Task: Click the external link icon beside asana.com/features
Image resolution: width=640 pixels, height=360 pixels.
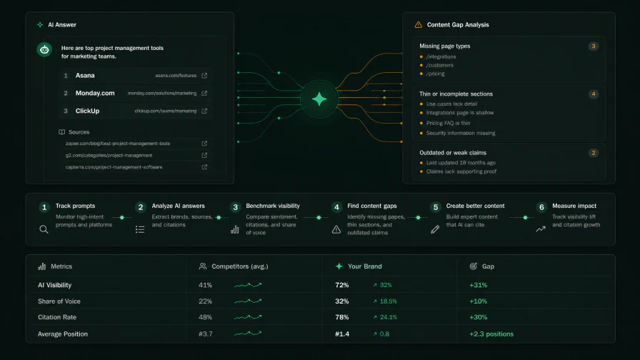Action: click(x=204, y=76)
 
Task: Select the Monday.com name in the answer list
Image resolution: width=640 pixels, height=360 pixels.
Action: click(x=95, y=93)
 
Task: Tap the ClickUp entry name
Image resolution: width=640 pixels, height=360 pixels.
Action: click(x=87, y=111)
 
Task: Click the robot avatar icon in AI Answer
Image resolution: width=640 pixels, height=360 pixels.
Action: click(x=44, y=50)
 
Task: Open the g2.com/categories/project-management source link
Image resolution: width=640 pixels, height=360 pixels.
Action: click(x=109, y=156)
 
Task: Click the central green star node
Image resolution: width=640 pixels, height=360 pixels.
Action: click(x=319, y=99)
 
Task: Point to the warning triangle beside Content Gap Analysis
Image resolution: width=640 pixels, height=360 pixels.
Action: click(x=419, y=25)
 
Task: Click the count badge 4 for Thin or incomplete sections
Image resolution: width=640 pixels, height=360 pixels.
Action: click(x=594, y=94)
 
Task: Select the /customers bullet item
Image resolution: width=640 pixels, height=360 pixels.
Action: click(x=439, y=65)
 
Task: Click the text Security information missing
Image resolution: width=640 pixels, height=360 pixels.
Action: click(x=461, y=133)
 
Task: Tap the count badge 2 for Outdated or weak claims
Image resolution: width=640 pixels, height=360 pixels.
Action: click(x=594, y=153)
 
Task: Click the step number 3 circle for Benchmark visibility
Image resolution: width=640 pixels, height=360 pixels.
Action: click(x=235, y=207)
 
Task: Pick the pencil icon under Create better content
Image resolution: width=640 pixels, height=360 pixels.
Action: click(x=435, y=229)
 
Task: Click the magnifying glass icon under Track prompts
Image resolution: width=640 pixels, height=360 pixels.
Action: click(x=44, y=229)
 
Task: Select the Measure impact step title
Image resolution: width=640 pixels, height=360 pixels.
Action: click(x=574, y=206)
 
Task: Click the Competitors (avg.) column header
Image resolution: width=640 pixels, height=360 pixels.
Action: click(x=240, y=266)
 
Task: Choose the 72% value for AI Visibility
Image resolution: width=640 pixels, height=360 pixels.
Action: click(x=342, y=285)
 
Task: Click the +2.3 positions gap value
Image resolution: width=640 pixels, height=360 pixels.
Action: click(x=491, y=334)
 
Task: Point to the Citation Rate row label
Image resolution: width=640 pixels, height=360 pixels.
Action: click(x=57, y=317)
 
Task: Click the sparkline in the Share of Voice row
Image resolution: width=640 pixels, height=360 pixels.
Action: click(x=248, y=301)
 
